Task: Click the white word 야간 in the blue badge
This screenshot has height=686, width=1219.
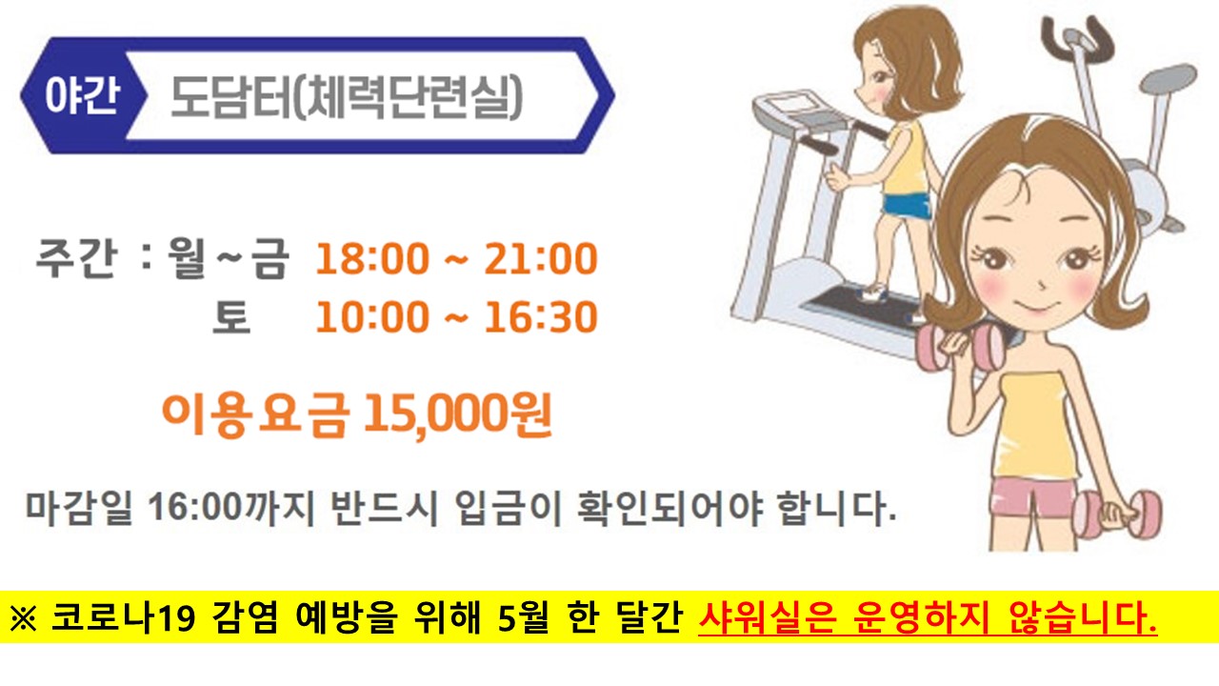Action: pyautogui.click(x=81, y=97)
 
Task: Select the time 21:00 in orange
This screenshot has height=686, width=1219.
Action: pyautogui.click(x=540, y=259)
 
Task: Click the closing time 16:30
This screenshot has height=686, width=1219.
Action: pyautogui.click(x=540, y=317)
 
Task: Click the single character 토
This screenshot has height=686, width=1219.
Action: pyautogui.click(x=230, y=317)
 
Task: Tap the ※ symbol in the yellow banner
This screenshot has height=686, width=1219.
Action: pyautogui.click(x=22, y=619)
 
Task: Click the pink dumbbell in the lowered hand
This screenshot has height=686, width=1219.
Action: pyautogui.click(x=1118, y=514)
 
